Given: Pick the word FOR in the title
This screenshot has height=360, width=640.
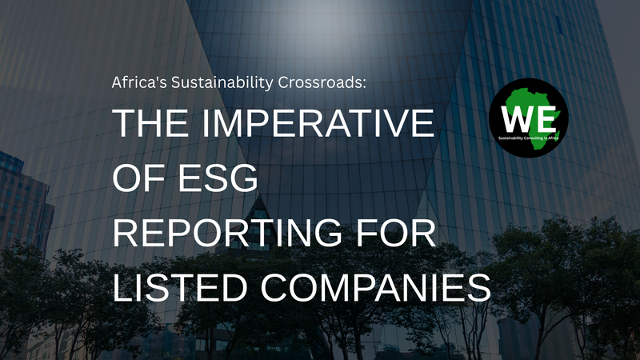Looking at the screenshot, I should click(395, 234).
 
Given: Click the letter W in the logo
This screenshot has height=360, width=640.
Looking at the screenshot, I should click(516, 119).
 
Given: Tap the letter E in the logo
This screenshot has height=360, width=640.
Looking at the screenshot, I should click(546, 119).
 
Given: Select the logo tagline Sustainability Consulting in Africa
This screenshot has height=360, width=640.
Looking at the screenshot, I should click(529, 138).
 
